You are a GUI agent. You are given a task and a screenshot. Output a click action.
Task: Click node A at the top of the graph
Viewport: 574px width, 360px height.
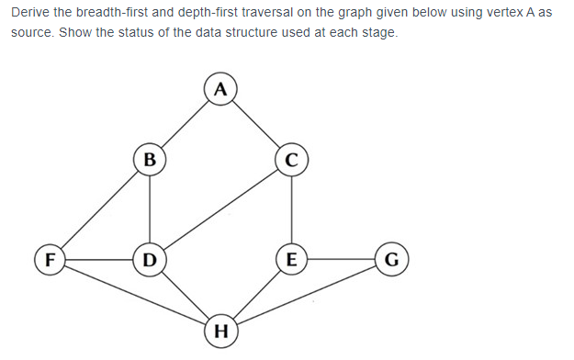click(x=218, y=89)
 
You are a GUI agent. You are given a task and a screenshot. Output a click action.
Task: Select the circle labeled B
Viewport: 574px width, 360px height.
click(x=150, y=157)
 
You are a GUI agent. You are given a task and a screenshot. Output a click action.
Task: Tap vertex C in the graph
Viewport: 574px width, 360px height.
click(x=291, y=158)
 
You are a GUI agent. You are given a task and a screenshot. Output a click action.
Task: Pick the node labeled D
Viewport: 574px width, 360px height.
click(x=150, y=259)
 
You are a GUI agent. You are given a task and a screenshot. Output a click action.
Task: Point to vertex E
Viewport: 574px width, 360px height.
click(x=291, y=259)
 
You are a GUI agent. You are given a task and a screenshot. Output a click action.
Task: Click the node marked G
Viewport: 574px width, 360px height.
click(x=391, y=259)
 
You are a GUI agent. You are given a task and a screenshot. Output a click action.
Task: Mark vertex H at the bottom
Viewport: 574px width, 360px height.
click(x=219, y=329)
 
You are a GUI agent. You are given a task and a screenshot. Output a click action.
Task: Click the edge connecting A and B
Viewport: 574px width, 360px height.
click(x=184, y=123)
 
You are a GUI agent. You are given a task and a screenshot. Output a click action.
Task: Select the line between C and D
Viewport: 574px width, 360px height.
click(x=220, y=208)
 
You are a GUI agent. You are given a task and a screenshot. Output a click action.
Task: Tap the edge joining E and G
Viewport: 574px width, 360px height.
click(x=341, y=259)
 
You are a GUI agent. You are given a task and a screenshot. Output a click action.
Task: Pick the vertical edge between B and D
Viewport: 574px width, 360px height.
click(x=150, y=208)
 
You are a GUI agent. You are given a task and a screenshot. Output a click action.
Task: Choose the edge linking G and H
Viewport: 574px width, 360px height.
click(x=306, y=294)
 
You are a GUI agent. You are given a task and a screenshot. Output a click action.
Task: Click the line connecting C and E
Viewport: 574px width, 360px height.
click(x=291, y=208)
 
